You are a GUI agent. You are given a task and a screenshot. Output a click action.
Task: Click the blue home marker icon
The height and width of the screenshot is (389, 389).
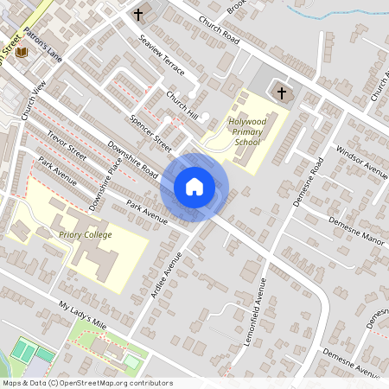point(194,186)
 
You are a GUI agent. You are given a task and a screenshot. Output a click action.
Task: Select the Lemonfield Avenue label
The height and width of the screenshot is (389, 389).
point(275,300)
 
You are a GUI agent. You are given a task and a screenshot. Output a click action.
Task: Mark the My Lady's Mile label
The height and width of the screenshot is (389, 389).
point(82,316)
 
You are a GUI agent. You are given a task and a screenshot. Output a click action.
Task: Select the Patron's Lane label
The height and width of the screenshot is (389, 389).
point(43,47)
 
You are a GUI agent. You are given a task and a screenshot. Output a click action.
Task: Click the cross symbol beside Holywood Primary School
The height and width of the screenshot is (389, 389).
point(280,92)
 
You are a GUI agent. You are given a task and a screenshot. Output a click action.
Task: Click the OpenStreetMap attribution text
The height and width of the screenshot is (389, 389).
point(86,383)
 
